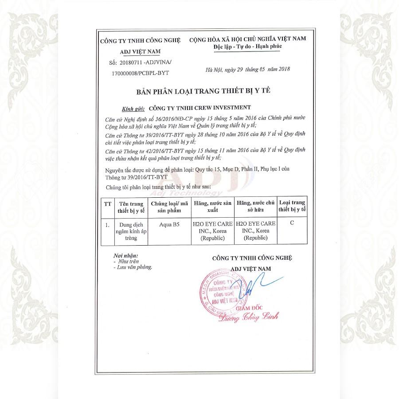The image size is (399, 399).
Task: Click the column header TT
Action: [x=107, y=204]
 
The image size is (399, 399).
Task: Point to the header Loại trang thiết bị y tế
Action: [x=292, y=205]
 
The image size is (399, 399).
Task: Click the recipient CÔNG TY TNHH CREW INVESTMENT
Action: [x=200, y=107]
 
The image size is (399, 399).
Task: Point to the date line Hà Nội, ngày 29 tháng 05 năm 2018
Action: [x=247, y=69]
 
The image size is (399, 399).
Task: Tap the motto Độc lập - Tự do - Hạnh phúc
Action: [x=247, y=47]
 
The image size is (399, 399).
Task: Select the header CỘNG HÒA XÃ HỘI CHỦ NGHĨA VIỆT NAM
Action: [x=247, y=39]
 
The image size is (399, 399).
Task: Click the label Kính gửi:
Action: [x=133, y=108]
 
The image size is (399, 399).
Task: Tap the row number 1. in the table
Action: [x=107, y=225]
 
